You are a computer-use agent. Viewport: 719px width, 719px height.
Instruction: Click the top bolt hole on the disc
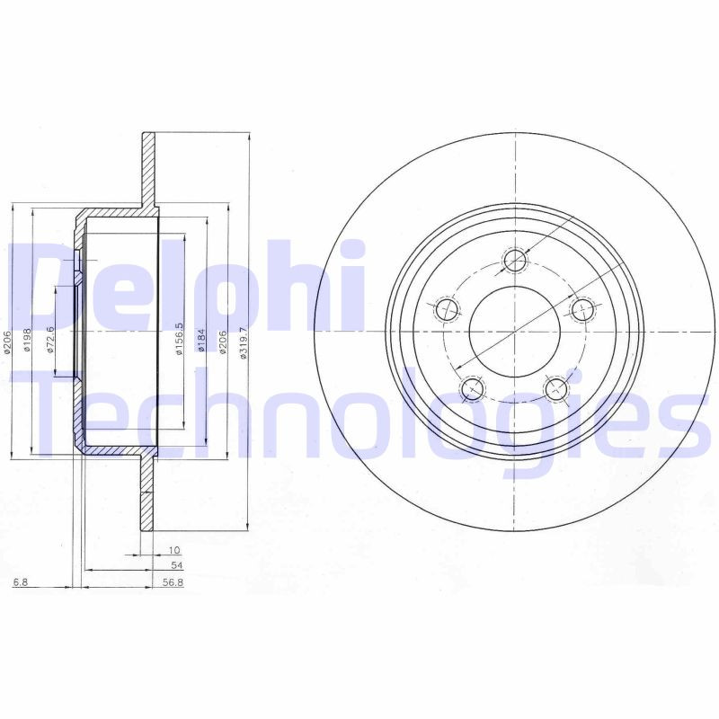(514, 261)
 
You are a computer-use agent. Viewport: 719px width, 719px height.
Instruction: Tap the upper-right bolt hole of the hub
(582, 310)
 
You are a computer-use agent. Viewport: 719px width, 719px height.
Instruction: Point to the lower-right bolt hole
(557, 389)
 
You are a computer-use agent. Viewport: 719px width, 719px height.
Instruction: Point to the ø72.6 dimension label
(51, 340)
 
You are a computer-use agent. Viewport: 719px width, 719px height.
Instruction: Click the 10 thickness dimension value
(174, 549)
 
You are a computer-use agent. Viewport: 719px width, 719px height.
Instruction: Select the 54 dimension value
(176, 565)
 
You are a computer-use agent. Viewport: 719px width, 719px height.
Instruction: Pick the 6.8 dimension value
(21, 582)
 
